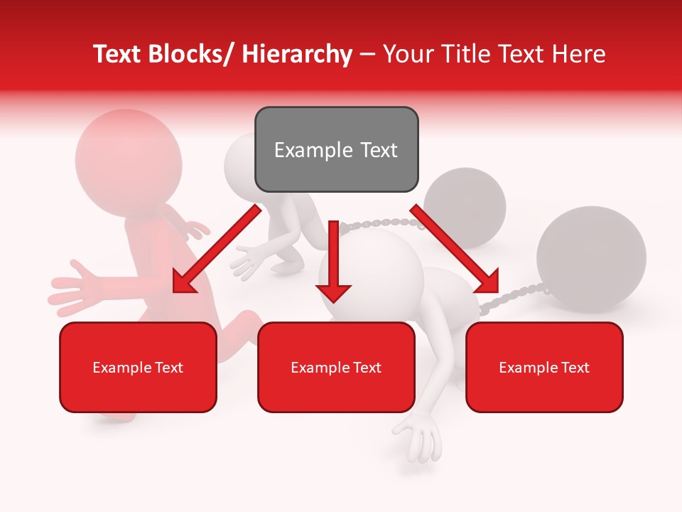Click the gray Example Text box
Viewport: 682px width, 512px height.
point(336,149)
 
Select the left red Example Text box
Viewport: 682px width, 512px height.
point(138,367)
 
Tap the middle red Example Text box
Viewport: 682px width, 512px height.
point(336,367)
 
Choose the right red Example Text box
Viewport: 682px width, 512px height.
point(544,367)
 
